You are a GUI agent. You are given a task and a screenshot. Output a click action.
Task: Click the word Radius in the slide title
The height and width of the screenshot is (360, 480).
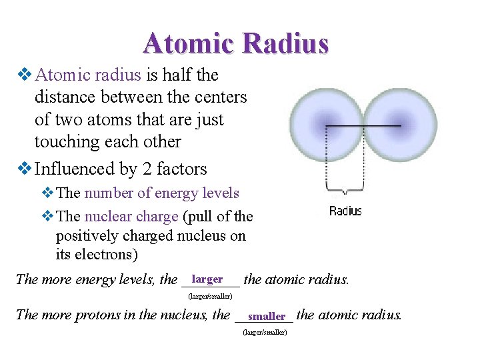coord(286,43)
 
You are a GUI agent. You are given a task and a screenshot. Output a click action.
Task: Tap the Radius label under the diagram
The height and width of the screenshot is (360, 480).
coord(345,211)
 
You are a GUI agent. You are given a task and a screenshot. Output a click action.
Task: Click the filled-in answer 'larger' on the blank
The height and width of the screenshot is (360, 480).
coord(207,279)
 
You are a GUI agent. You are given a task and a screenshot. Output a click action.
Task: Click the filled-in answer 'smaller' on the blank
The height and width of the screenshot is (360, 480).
coord(266,316)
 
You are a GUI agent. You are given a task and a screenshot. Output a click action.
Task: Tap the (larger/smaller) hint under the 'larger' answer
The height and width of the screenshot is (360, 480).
coord(210,295)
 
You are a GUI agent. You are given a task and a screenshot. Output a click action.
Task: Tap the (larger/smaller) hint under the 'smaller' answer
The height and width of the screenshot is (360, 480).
coord(265,331)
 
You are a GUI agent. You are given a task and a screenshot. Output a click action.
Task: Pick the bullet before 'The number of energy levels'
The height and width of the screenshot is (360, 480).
coord(47,193)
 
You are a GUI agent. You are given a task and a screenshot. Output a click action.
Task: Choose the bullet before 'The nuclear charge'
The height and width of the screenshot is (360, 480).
coord(47,217)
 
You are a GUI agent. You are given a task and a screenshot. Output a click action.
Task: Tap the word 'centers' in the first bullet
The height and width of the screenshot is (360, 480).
coord(217,97)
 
